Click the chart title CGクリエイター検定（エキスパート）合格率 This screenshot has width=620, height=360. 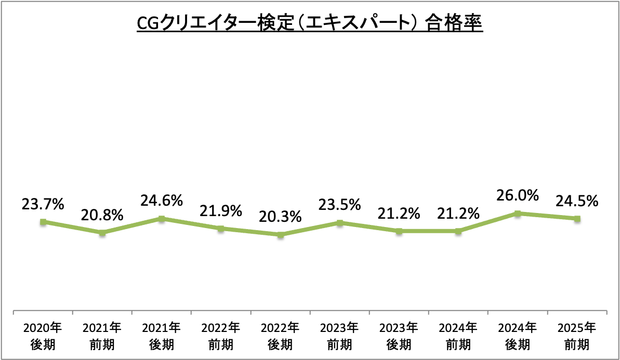(x=310, y=24)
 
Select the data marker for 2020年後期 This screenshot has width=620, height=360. (x=43, y=222)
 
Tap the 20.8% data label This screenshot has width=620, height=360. (x=102, y=215)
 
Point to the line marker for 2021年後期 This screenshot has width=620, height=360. (x=162, y=219)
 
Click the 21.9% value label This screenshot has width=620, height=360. (x=221, y=211)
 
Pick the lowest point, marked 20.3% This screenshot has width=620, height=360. (x=281, y=235)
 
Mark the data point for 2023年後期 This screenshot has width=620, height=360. (x=399, y=231)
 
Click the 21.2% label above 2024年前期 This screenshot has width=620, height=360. (x=458, y=213)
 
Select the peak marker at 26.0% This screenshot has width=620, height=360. (x=518, y=214)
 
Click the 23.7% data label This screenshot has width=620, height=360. (x=43, y=204)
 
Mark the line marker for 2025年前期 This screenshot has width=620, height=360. (x=577, y=219)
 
